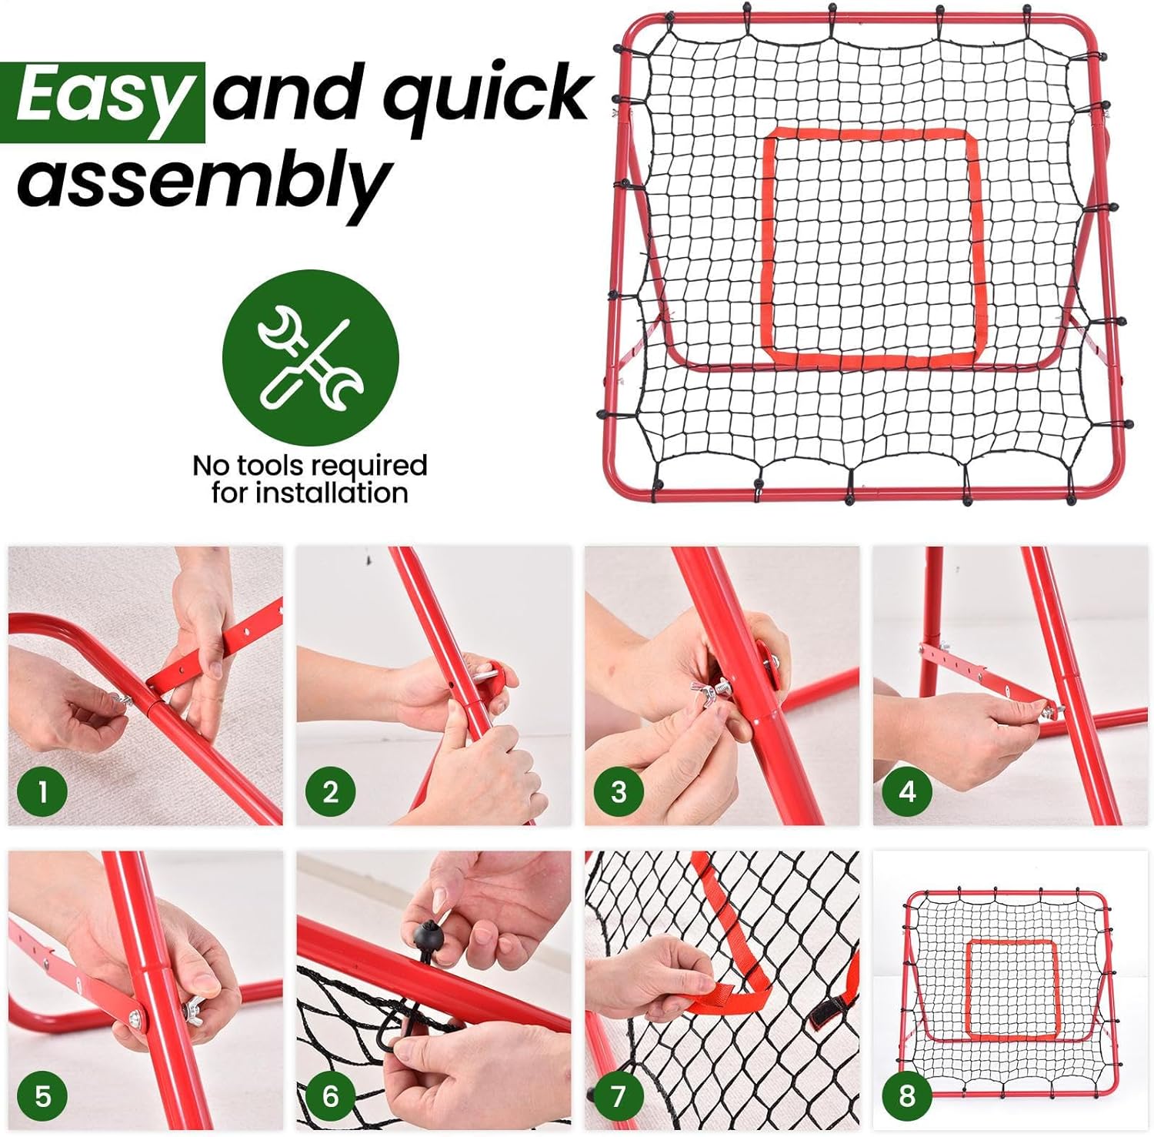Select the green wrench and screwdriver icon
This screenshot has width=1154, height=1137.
311,357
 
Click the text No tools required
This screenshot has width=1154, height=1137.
309,465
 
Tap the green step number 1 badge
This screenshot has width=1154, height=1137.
42,791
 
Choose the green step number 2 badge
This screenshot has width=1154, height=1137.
331,791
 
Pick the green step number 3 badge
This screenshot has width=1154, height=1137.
619,791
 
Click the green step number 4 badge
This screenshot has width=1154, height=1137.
907,791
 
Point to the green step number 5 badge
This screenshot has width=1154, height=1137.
42,1095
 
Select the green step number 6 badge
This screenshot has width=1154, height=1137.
331,1095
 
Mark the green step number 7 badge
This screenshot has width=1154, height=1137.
619,1095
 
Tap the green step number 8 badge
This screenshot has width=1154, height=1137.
907,1095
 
